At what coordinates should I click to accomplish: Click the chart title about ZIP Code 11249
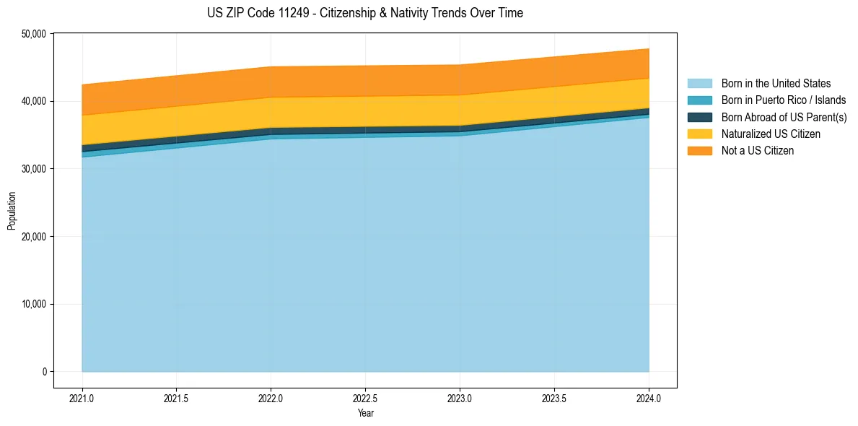coord(365,13)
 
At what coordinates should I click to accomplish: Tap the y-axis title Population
coord(12,210)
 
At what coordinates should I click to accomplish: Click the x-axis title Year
coord(365,413)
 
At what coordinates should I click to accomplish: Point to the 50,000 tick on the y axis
coord(33,34)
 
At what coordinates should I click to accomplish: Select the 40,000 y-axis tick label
coord(33,101)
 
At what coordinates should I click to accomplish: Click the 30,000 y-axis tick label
coord(33,169)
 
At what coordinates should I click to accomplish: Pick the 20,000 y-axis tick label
coord(33,237)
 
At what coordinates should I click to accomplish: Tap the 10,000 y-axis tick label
coord(33,304)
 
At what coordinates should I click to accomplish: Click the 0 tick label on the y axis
coord(43,372)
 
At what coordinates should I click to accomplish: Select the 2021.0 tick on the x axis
coord(82,398)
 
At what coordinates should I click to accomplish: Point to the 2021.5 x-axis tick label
coord(176,398)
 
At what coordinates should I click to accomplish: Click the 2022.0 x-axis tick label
coord(271,398)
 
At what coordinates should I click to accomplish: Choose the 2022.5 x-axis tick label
coord(365,398)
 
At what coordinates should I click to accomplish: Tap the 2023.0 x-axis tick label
coord(460,398)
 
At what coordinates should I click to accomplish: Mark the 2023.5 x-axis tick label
coord(554,398)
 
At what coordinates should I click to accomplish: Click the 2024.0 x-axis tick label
coord(649,398)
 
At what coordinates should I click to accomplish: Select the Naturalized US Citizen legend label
coord(771,134)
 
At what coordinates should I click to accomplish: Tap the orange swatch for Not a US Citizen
coord(699,151)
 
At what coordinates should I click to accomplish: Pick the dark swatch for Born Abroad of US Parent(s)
coord(699,117)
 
